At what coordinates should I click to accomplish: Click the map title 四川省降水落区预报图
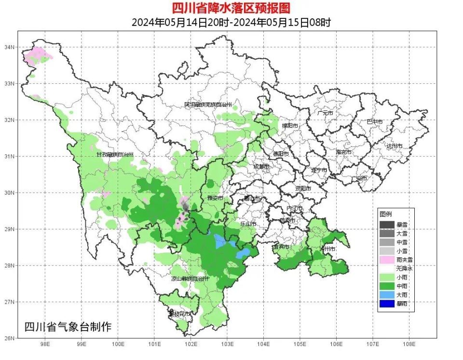point(231,8)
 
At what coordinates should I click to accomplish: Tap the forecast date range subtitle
point(231,22)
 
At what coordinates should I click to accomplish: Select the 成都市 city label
point(262,167)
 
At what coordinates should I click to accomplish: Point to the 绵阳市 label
point(290,126)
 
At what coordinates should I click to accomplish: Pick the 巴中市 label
point(374,122)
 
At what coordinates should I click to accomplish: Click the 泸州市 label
point(327,249)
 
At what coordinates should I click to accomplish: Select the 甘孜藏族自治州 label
point(114,154)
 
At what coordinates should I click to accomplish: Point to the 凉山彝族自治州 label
point(190,279)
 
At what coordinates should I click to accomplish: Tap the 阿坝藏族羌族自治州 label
point(208,105)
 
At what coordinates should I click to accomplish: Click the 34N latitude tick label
point(10,47)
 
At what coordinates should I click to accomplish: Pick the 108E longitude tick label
point(409,345)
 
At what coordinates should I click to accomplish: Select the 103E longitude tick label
point(227,345)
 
